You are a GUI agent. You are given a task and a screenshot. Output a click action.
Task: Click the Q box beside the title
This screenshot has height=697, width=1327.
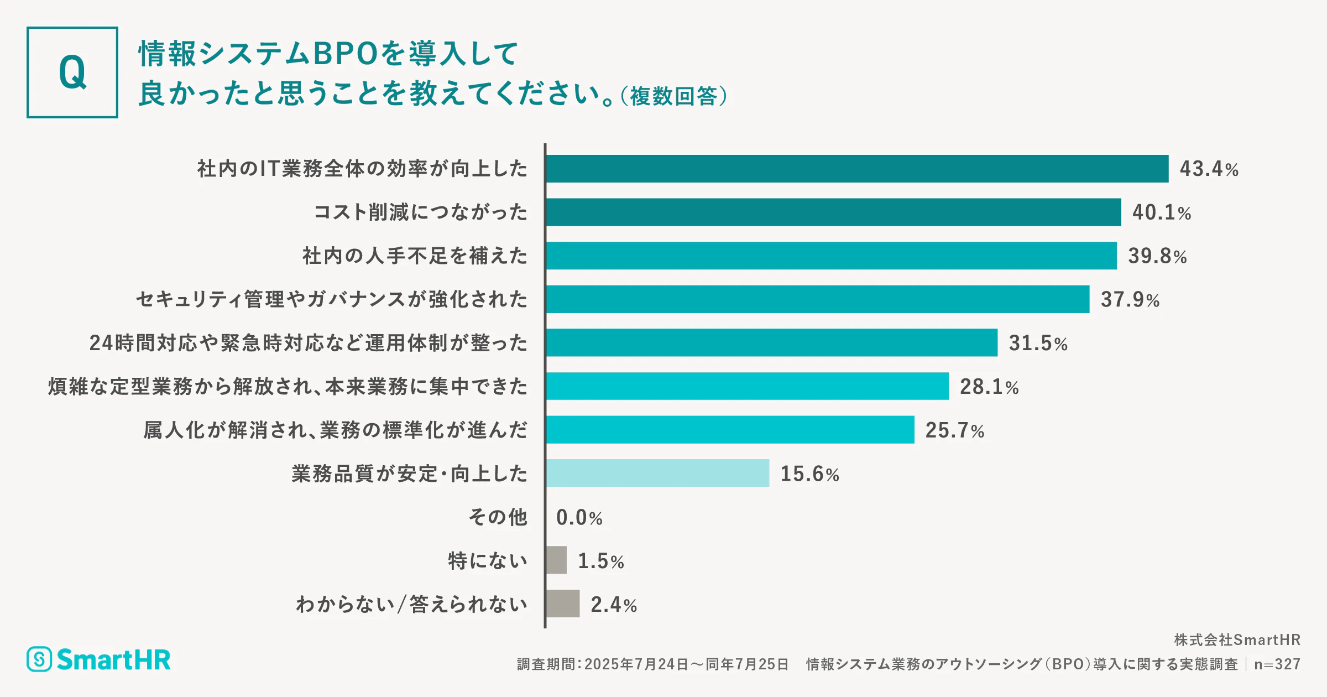(x=72, y=72)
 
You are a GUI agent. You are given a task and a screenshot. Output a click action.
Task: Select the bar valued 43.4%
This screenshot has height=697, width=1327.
(x=857, y=169)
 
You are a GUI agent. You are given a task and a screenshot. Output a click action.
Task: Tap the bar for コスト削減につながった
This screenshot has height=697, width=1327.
(x=833, y=212)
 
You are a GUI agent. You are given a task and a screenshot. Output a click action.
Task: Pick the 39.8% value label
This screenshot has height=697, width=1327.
(x=1157, y=256)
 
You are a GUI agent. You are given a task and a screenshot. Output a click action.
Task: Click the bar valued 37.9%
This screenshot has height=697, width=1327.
(x=817, y=299)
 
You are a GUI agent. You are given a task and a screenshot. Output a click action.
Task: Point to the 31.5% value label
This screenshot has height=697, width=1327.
(x=1038, y=343)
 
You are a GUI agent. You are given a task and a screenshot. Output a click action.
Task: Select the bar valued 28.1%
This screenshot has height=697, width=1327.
(x=747, y=386)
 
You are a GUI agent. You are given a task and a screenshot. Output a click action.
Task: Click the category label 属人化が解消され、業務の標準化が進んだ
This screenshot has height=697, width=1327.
(x=335, y=430)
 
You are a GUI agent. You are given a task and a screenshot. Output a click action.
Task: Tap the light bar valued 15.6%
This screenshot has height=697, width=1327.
(x=657, y=474)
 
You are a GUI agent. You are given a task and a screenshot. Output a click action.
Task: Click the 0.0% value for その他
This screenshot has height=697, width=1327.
(x=579, y=518)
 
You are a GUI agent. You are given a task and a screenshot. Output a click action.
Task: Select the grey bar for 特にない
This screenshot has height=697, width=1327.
(x=556, y=560)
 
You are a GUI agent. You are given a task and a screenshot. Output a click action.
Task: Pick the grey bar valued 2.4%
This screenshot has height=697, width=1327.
(x=563, y=604)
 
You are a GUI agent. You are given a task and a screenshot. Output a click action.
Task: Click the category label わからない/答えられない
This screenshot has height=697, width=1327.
(x=411, y=604)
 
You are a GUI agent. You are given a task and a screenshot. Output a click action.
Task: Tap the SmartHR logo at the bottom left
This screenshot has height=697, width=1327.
(x=99, y=659)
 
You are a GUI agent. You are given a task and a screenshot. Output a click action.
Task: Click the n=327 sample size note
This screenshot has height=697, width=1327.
(x=1277, y=664)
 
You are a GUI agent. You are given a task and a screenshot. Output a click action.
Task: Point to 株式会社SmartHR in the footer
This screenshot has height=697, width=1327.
(x=1237, y=640)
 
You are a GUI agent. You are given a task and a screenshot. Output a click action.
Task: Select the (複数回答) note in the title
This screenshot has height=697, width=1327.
(x=673, y=96)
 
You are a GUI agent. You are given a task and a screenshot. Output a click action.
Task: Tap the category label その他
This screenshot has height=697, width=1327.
(x=498, y=517)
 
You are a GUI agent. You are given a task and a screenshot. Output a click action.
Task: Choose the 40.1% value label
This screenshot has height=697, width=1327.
(x=1161, y=212)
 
